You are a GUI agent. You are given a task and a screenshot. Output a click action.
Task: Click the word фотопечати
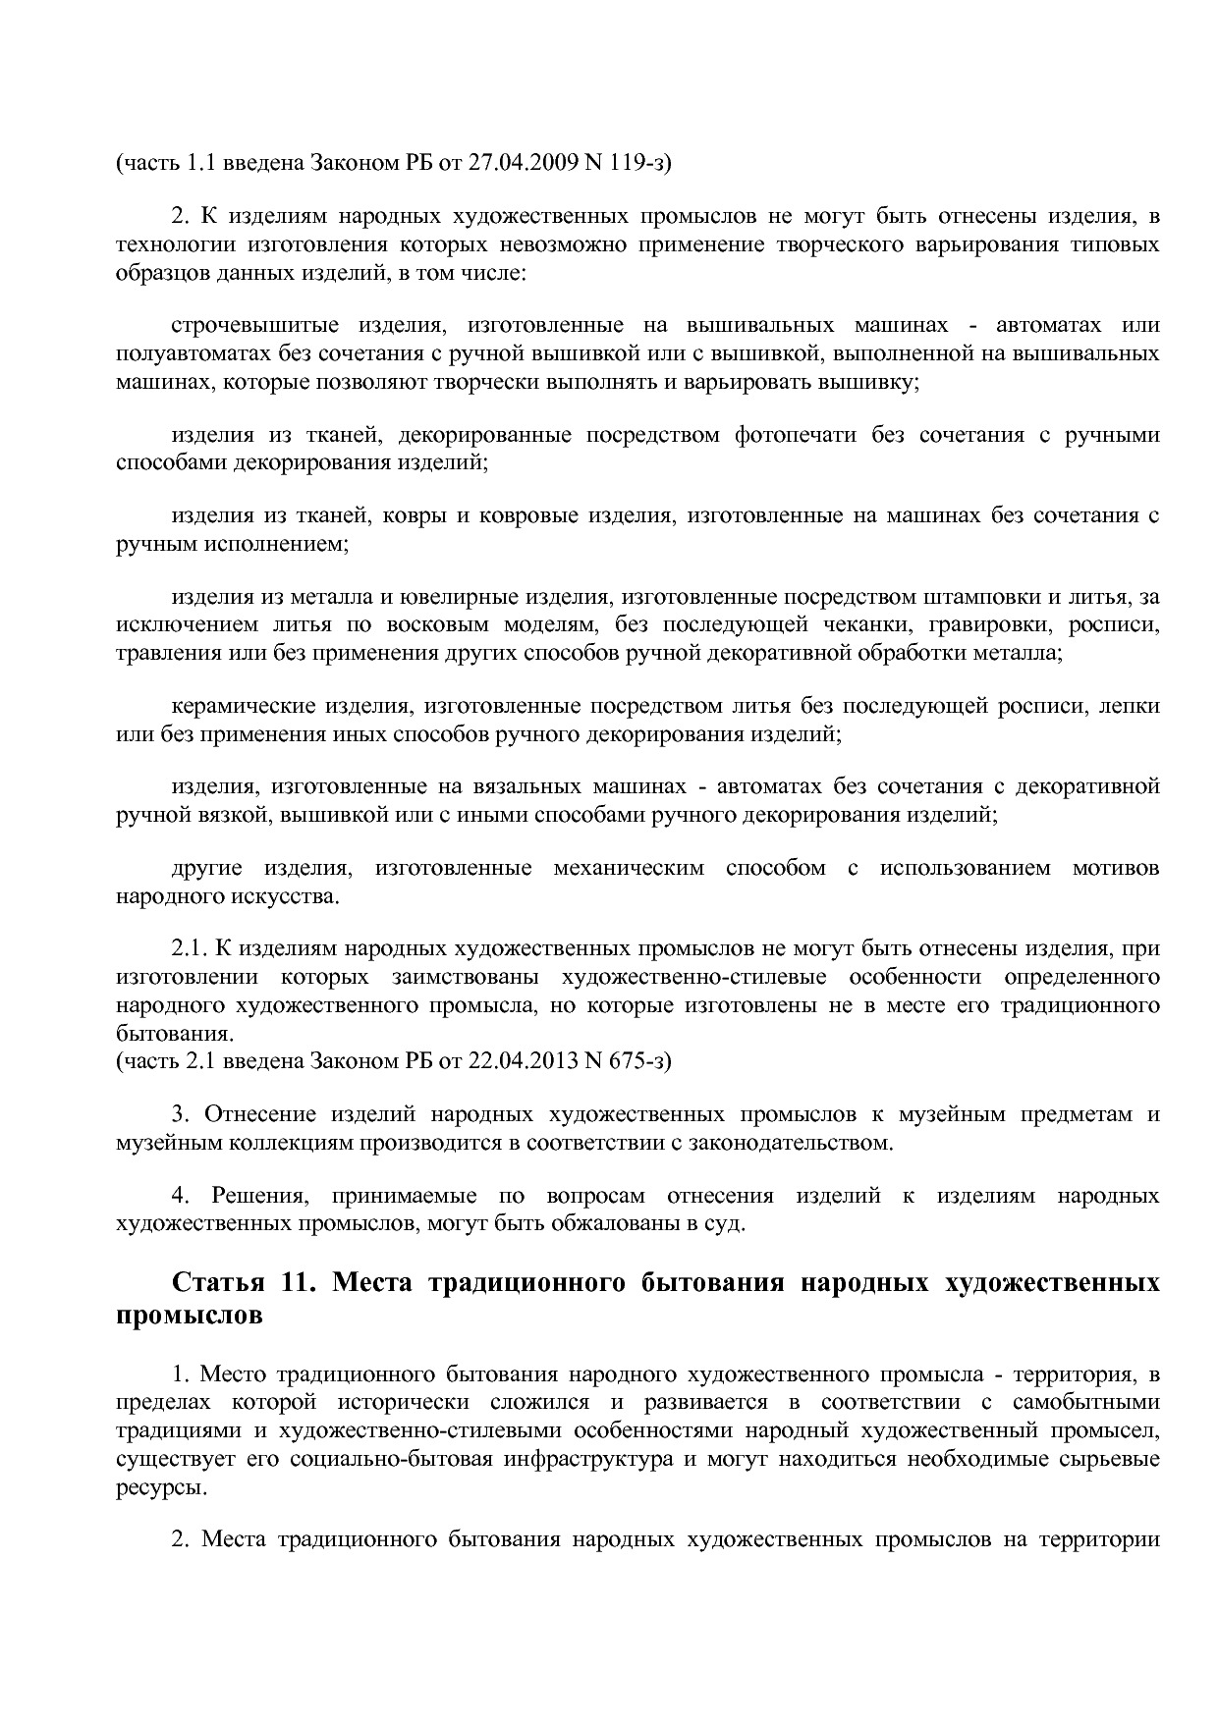pos(795,435)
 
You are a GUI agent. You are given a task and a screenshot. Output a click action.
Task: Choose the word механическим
pos(629,868)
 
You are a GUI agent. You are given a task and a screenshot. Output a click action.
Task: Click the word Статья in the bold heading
pos(219,1283)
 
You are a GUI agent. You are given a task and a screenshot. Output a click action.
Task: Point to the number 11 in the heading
pos(300,1283)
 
